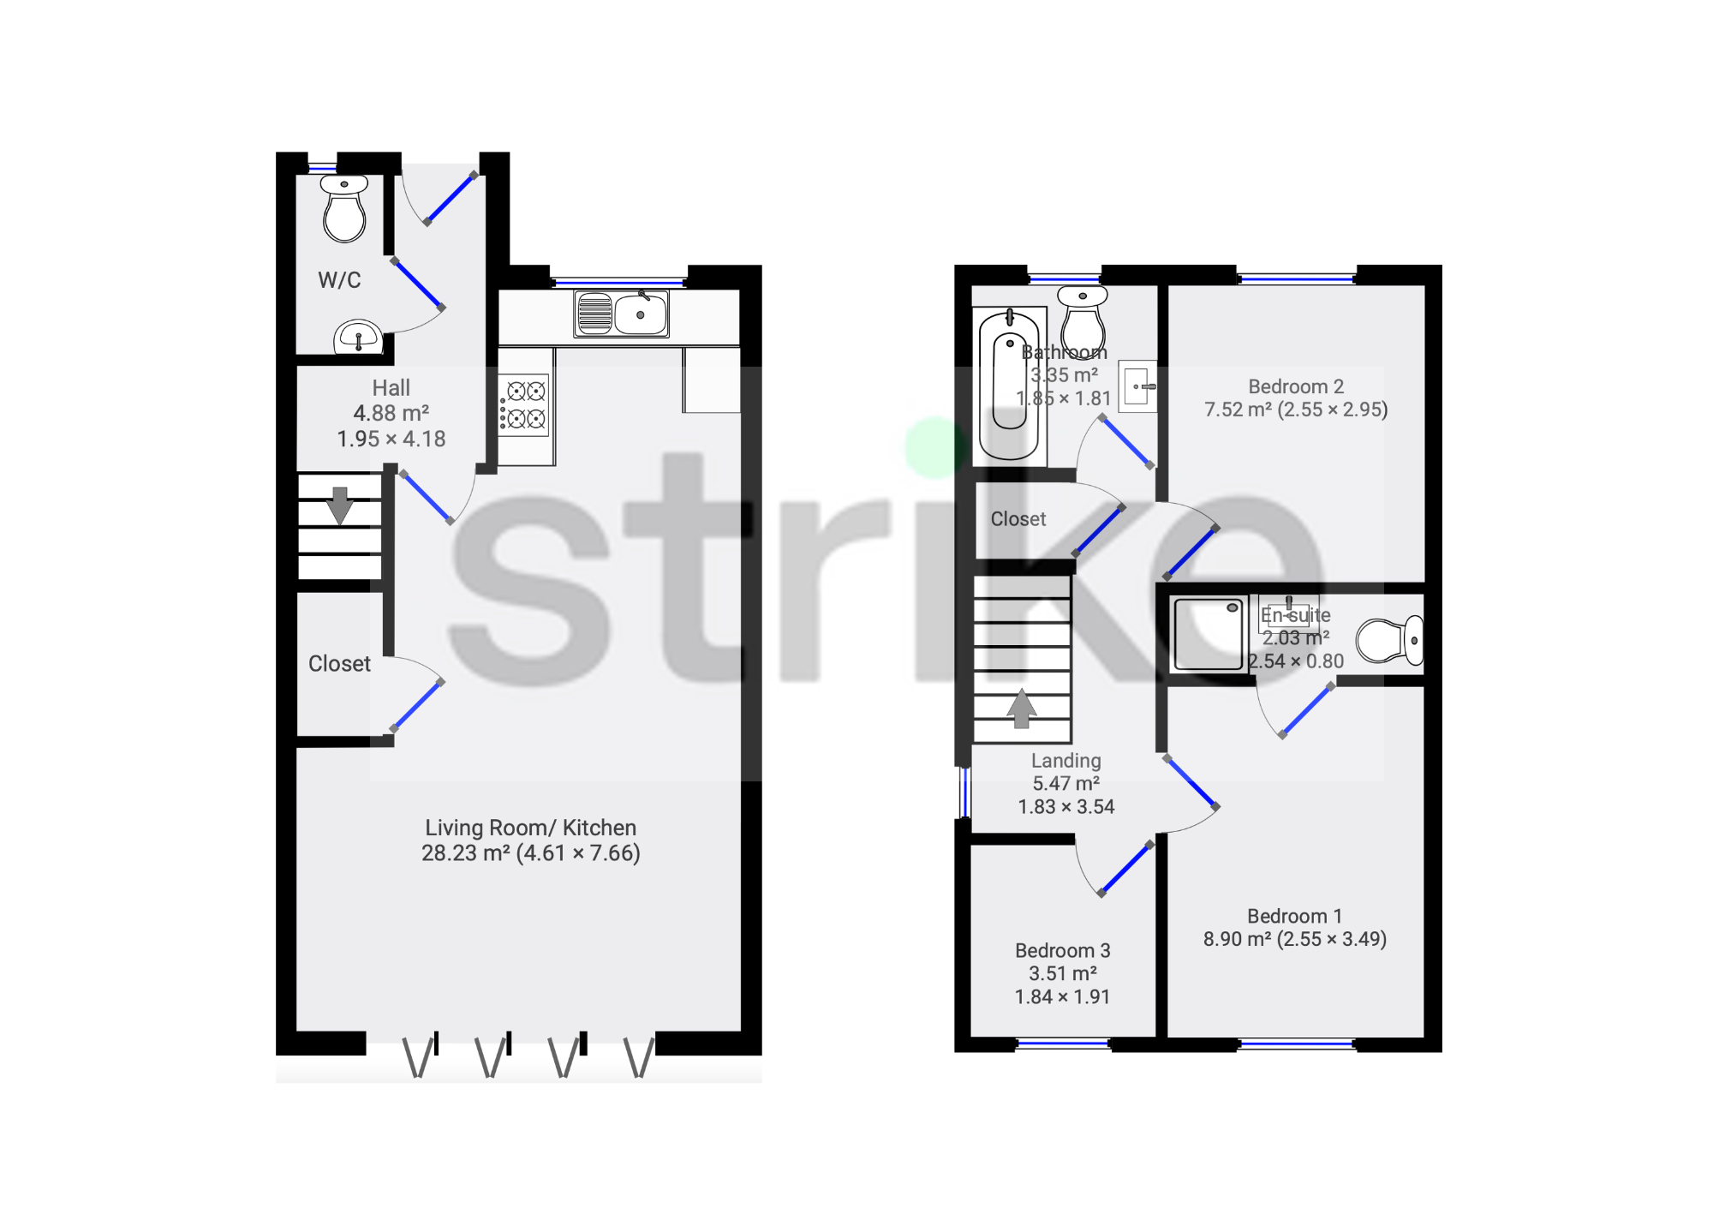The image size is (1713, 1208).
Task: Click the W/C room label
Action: [339, 280]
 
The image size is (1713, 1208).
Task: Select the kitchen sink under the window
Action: [621, 314]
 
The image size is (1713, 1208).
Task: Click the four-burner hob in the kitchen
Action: [525, 405]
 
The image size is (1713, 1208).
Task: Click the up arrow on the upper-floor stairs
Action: [1021, 709]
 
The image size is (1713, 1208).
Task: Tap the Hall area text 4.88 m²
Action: [391, 413]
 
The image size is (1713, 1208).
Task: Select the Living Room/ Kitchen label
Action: [530, 828]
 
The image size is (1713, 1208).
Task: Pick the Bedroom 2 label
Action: [1295, 386]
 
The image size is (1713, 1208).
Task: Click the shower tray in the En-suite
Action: [1209, 634]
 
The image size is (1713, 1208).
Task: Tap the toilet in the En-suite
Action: [1388, 640]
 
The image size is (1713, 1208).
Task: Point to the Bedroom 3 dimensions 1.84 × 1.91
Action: [1062, 996]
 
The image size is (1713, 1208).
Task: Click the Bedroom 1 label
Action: [1294, 916]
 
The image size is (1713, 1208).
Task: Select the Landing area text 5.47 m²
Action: [1065, 783]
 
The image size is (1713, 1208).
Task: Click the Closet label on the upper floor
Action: [1018, 519]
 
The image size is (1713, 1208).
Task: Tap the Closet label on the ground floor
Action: [339, 664]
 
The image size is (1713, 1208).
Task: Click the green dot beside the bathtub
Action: [936, 446]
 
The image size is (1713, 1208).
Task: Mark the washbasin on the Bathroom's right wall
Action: [1138, 386]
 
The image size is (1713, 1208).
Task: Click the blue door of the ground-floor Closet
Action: [417, 705]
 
